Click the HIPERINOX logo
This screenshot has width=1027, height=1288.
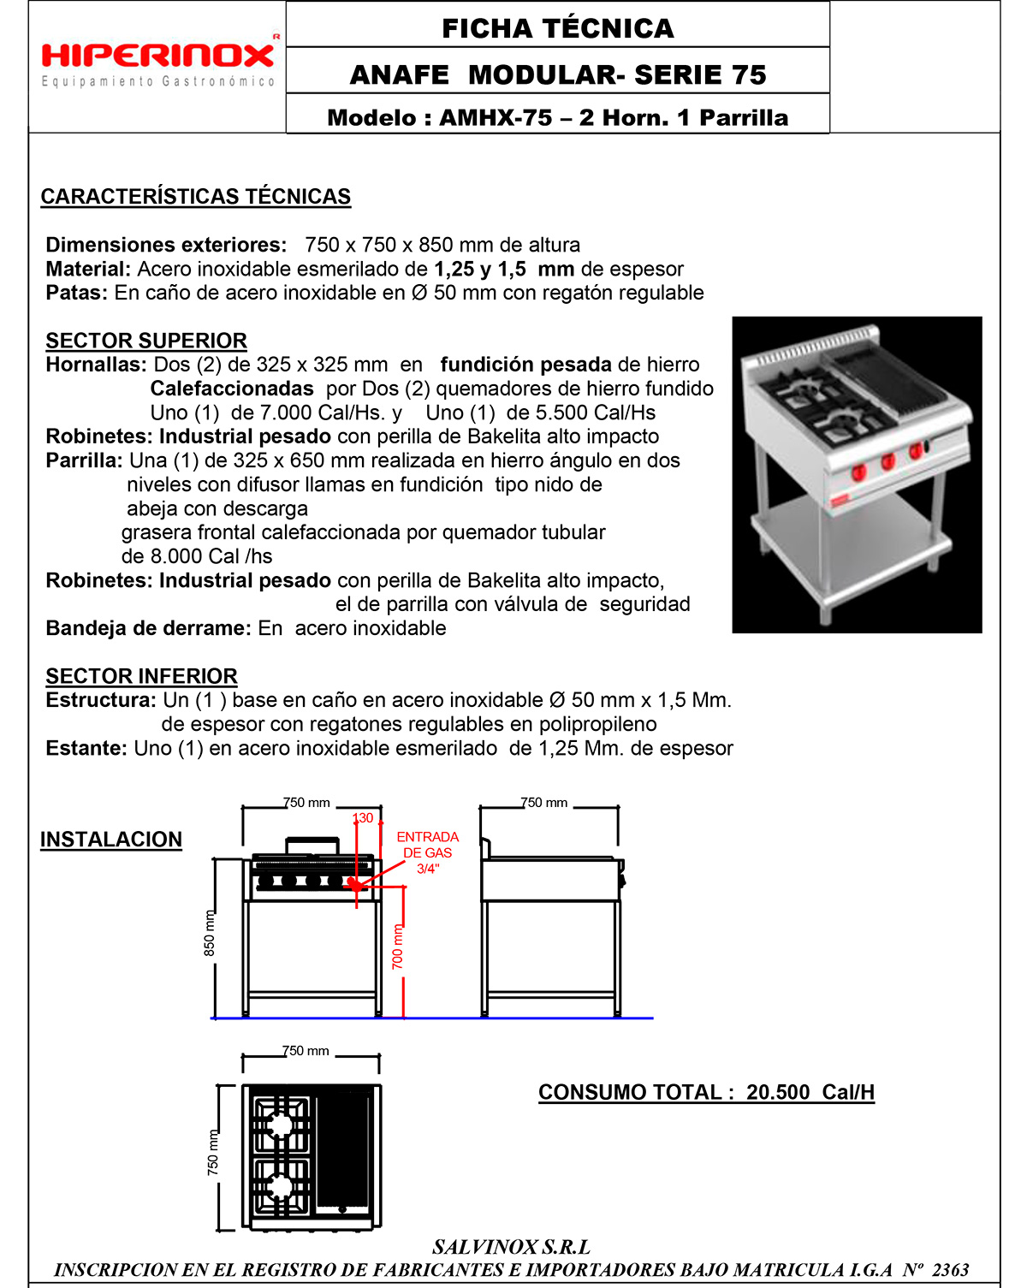tap(158, 57)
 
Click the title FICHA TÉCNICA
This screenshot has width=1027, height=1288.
tap(557, 28)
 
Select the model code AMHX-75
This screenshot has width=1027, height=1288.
tap(496, 118)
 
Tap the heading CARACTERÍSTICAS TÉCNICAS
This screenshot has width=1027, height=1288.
tap(195, 197)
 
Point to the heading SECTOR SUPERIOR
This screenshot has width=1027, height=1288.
tap(146, 341)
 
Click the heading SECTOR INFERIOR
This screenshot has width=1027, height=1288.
tap(141, 676)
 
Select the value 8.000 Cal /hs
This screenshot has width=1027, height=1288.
tap(212, 556)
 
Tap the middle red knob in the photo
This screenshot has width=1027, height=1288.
tap(887, 461)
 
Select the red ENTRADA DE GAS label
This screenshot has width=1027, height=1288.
tap(427, 852)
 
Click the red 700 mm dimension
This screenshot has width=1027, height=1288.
tap(397, 947)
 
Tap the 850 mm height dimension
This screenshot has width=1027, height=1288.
tap(210, 933)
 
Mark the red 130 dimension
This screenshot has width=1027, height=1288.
tap(363, 818)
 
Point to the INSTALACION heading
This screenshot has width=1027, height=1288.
tap(111, 840)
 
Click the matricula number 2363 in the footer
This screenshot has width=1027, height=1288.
tap(950, 1270)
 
